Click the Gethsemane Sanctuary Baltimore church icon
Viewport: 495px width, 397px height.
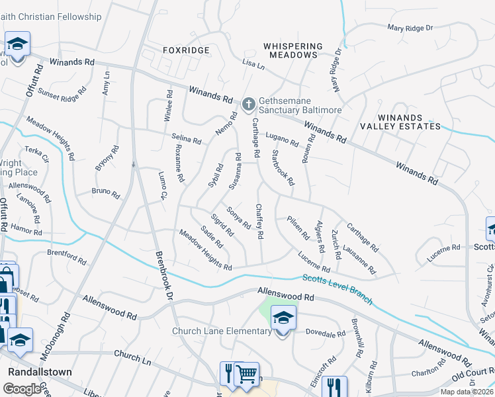(x=248, y=103)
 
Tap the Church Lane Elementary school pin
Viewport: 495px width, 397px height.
(x=283, y=319)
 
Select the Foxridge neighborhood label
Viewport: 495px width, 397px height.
(x=186, y=50)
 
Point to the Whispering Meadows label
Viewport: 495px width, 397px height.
(x=293, y=50)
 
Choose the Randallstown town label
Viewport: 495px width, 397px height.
(x=40, y=372)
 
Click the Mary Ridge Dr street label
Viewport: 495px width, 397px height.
(x=410, y=28)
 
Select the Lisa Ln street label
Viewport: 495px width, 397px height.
(x=253, y=65)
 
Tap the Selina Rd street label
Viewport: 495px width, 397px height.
(x=186, y=139)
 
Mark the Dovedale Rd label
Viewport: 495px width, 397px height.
(x=326, y=333)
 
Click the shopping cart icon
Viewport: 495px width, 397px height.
(x=247, y=374)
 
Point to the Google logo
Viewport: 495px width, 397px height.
(x=22, y=389)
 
